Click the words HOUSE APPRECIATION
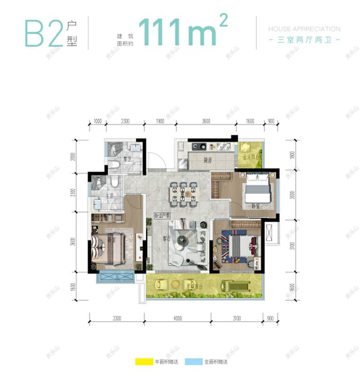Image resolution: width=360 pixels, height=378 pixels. click(x=304, y=29)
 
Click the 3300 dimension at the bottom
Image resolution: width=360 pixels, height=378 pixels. click(x=117, y=319)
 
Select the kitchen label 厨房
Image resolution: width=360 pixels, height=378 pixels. click(x=207, y=160)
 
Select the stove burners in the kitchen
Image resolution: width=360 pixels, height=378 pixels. click(x=199, y=146)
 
